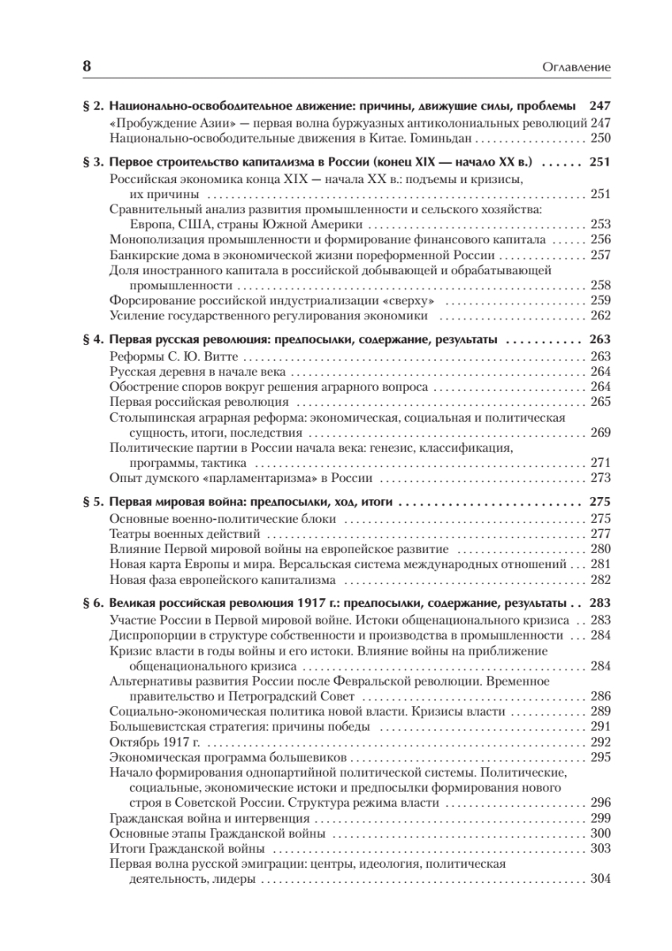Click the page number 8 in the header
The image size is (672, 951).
point(87,67)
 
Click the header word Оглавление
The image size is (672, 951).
point(574,68)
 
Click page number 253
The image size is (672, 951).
point(600,224)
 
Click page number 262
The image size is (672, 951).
point(600,315)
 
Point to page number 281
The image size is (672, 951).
point(600,564)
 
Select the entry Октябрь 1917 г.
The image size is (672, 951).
point(154,742)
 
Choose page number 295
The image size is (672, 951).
point(600,757)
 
